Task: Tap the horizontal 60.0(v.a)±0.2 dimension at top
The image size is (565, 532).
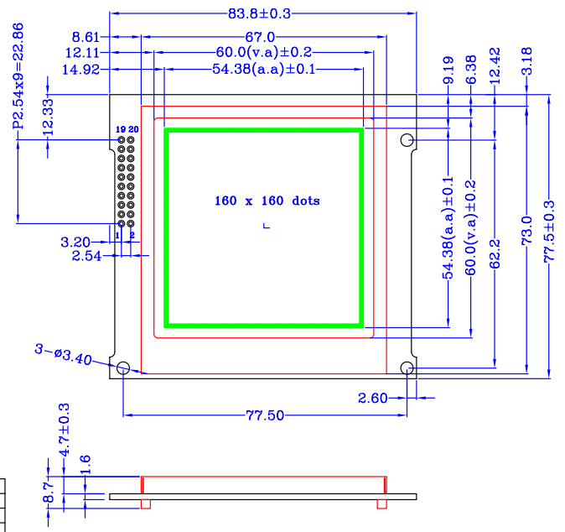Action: pyautogui.click(x=263, y=53)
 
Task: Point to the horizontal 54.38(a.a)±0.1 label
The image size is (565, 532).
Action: pyautogui.click(x=263, y=70)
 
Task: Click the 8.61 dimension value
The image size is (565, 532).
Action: pyautogui.click(x=86, y=37)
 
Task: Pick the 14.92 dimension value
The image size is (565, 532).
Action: pyautogui.click(x=81, y=70)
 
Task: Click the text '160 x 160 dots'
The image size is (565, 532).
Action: pyautogui.click(x=267, y=201)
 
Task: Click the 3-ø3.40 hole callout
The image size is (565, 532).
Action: pyautogui.click(x=63, y=357)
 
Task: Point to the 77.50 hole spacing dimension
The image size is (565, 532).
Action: pyautogui.click(x=265, y=415)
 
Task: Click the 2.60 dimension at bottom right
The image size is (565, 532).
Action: pyautogui.click(x=373, y=398)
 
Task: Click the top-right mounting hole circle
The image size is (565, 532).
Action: pyautogui.click(x=407, y=140)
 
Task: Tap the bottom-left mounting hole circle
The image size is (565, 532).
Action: pyautogui.click(x=123, y=368)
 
